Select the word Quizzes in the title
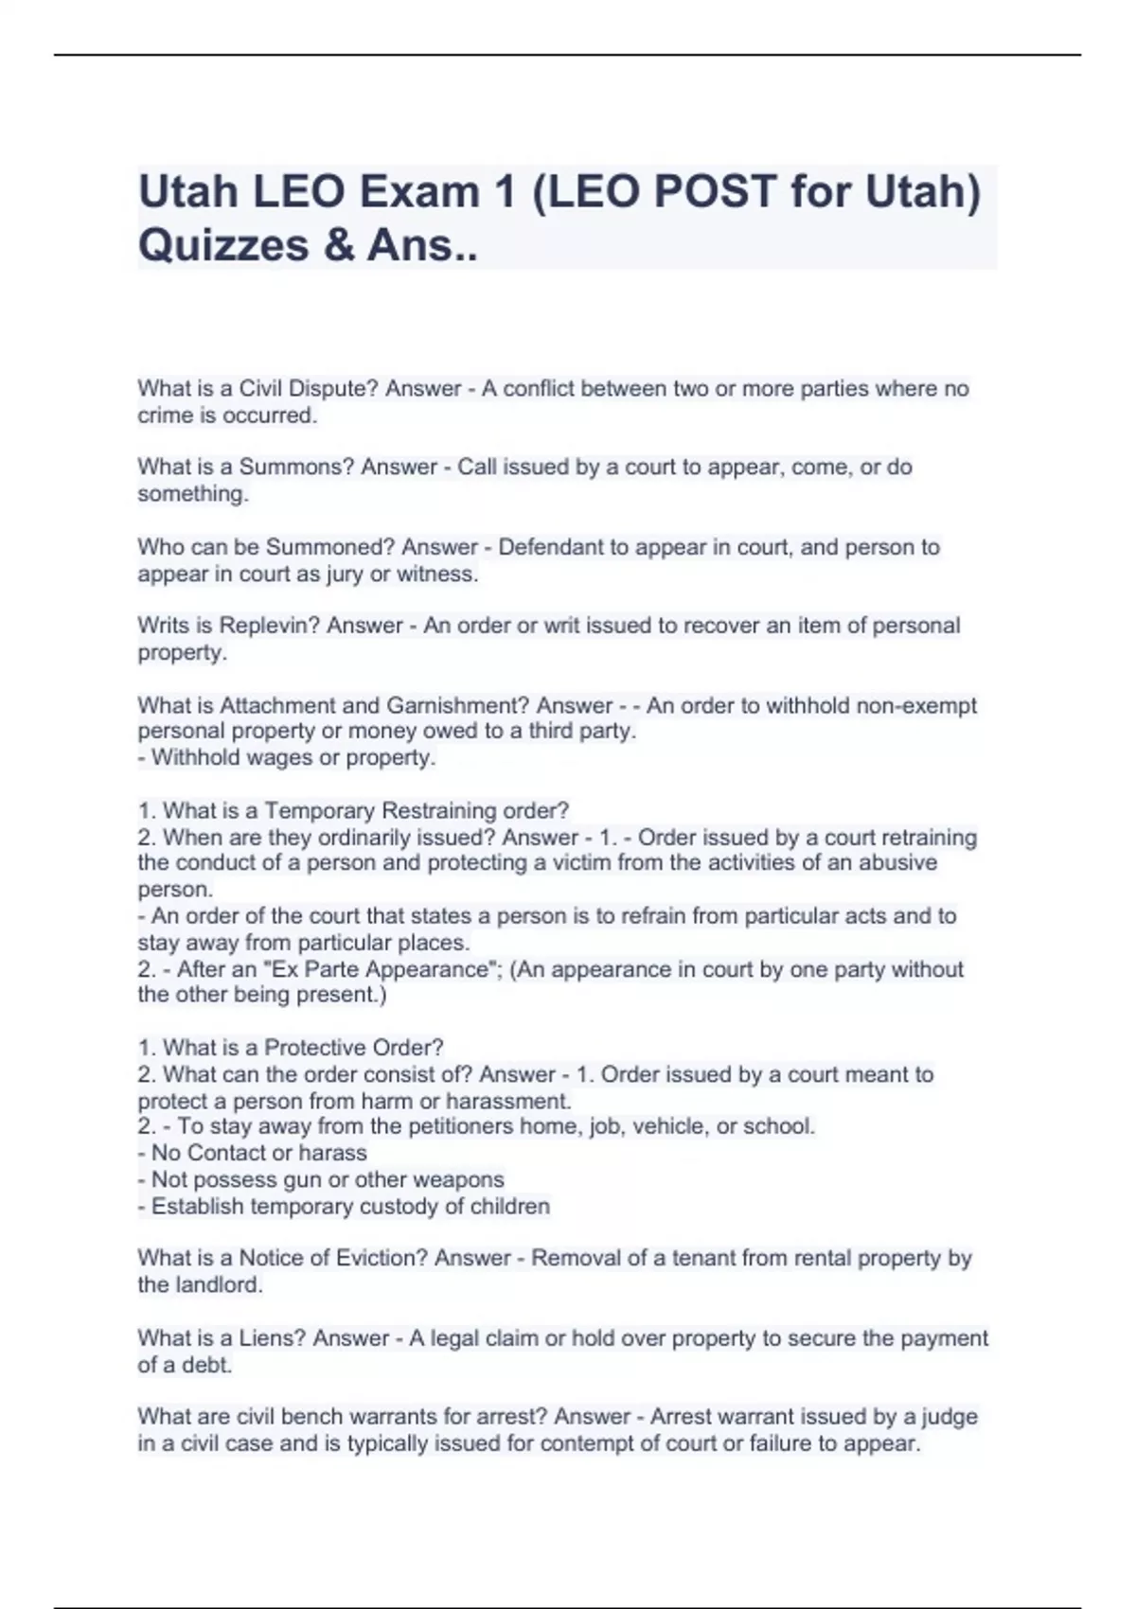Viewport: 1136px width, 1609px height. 223,245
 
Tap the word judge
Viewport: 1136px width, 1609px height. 949,1417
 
